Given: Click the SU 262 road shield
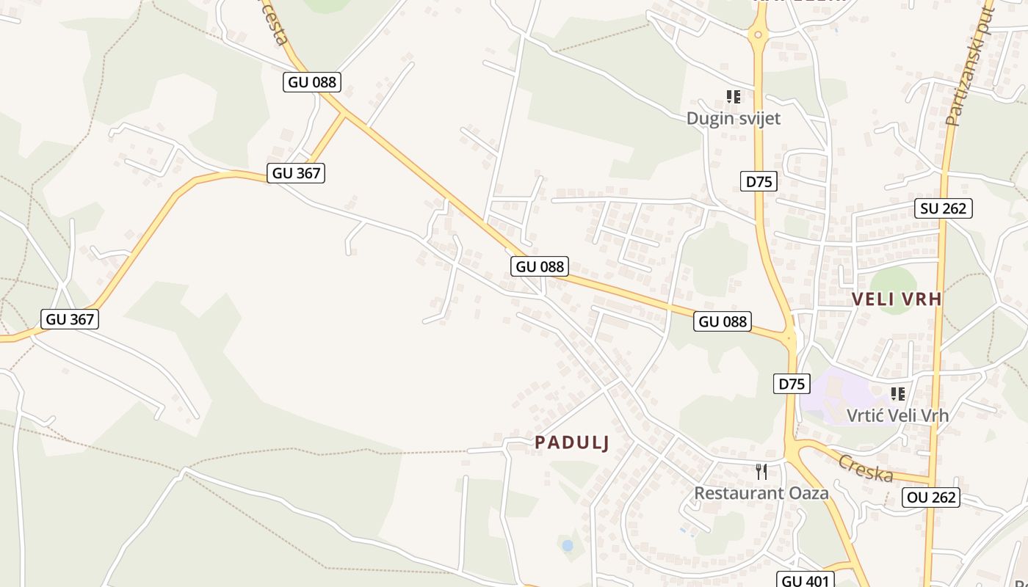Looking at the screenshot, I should click(x=944, y=208).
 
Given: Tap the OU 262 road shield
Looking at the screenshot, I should click(x=932, y=497).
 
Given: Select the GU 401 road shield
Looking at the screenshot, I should click(x=806, y=581).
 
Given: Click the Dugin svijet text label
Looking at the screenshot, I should click(x=733, y=118).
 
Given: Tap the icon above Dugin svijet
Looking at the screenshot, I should click(x=733, y=97).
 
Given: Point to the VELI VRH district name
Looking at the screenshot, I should click(x=897, y=299).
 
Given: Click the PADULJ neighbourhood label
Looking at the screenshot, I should click(x=572, y=442).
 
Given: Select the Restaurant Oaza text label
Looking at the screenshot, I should click(x=761, y=493).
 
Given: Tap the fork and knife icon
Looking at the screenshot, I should click(x=761, y=471).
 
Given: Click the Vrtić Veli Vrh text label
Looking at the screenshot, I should click(x=897, y=415).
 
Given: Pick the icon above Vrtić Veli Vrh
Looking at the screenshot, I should click(x=897, y=394).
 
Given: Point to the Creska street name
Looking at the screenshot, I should click(x=866, y=468).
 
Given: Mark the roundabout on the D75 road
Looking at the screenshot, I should click(x=757, y=34).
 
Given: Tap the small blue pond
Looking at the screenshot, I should click(x=567, y=545).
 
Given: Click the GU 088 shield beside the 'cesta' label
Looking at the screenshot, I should click(x=312, y=82).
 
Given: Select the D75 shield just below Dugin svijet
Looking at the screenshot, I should click(x=759, y=181).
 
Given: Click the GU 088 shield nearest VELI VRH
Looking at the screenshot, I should click(x=723, y=321).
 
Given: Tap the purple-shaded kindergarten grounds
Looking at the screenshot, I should click(x=830, y=396).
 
